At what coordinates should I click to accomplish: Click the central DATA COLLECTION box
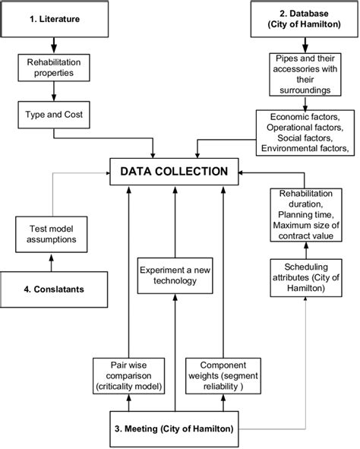click(x=174, y=172)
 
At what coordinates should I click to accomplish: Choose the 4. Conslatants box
click(x=53, y=289)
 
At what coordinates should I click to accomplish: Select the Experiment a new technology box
click(x=174, y=275)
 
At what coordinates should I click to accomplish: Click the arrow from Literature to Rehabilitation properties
click(x=53, y=46)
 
